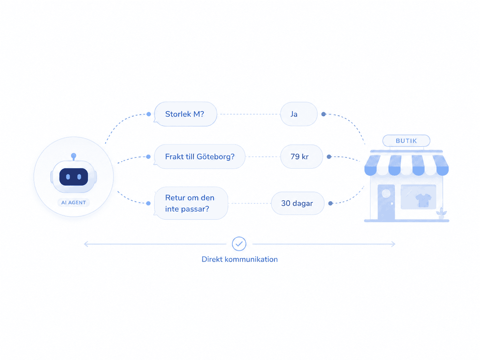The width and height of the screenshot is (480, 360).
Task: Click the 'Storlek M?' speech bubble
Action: [x=185, y=114]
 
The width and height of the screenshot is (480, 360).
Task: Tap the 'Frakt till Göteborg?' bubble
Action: [x=200, y=156]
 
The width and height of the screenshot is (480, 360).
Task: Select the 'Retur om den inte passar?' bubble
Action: [x=191, y=203]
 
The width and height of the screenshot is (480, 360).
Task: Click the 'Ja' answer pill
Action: [x=299, y=114]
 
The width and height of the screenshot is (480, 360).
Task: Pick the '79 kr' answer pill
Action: [x=302, y=156]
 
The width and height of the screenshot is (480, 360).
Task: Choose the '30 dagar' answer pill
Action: [x=298, y=203]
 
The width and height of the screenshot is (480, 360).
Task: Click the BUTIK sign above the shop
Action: [x=406, y=141]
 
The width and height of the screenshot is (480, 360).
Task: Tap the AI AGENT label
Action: [x=74, y=203]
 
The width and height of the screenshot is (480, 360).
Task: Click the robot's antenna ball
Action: [x=74, y=155]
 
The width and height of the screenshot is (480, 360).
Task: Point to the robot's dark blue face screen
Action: [x=74, y=177]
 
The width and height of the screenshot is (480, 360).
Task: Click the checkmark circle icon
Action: [x=239, y=244]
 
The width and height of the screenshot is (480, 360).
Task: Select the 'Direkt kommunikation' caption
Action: [x=240, y=260]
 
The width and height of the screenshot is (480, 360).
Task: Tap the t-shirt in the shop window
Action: [x=423, y=200]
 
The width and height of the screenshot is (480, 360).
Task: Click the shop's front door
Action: [x=386, y=202]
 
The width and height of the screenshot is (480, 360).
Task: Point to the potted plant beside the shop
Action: [x=441, y=213]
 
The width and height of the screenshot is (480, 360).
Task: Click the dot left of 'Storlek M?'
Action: [x=149, y=114]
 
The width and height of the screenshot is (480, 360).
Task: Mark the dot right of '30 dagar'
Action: [x=330, y=204]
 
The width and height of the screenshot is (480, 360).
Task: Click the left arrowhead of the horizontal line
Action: [x=86, y=244]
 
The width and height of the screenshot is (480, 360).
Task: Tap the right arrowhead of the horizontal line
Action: [x=393, y=244]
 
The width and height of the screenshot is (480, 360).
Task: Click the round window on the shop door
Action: [x=386, y=194]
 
